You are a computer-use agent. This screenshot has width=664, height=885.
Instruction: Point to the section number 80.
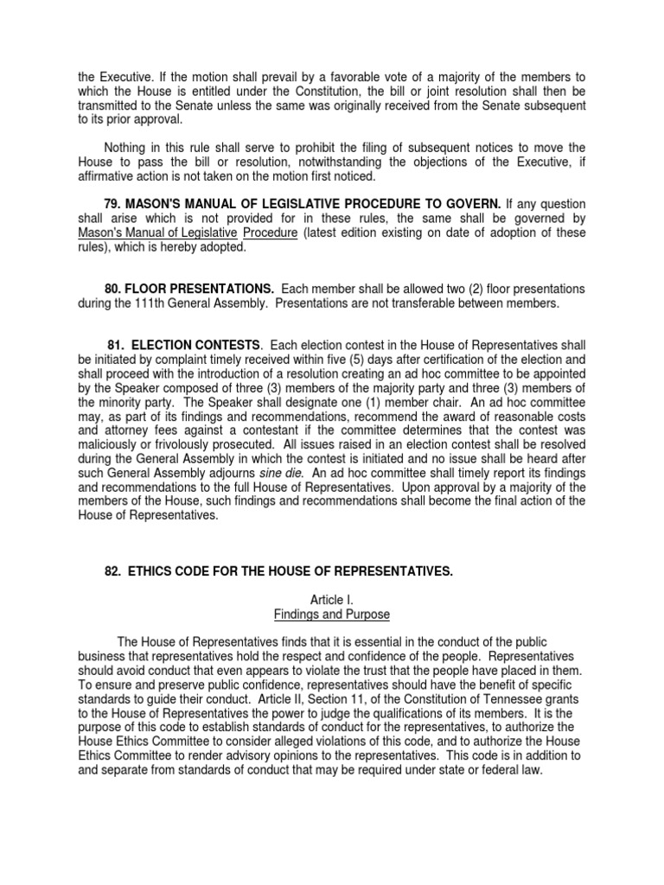pos(113,288)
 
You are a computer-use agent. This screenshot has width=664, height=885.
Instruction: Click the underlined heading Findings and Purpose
pos(332,614)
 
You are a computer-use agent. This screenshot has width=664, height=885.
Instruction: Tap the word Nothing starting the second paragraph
pos(126,146)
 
